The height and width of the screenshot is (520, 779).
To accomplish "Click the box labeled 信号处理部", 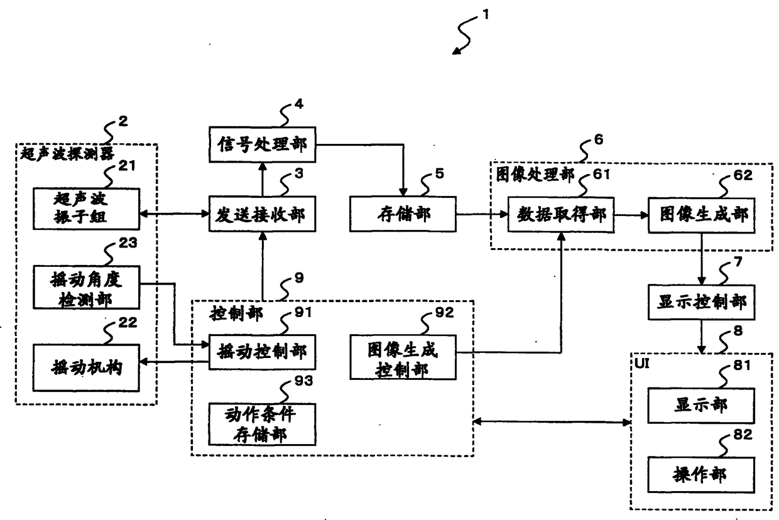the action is point(262,144).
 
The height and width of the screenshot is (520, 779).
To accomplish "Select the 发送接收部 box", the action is point(262,214).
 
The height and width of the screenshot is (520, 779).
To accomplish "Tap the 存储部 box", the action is point(403,214).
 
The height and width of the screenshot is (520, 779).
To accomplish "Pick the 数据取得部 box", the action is point(561,215).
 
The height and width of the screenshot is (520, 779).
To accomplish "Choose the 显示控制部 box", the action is point(702,302).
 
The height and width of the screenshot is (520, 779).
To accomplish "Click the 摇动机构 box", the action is point(86,368).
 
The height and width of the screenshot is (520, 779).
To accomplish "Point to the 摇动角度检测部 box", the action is point(86,288).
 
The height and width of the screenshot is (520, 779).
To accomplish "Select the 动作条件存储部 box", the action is point(262,424).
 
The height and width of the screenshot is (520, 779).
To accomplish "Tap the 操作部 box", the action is point(701,475).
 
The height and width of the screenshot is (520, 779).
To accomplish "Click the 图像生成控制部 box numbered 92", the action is point(403,357).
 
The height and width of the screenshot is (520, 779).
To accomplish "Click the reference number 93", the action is point(303,381).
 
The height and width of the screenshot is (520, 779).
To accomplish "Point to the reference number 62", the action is point(743,175).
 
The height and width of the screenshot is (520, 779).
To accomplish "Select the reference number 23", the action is point(128,242).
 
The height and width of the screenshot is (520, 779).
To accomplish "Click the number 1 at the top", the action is point(486,14).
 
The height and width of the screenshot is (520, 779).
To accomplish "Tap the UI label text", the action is point(641,363).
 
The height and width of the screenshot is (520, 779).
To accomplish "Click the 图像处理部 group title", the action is point(535,175).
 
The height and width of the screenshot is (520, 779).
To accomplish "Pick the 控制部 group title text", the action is point(236,313).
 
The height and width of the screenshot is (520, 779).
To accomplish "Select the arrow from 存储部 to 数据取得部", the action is point(482,214).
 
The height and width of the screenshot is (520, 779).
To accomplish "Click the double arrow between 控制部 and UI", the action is point(552,422).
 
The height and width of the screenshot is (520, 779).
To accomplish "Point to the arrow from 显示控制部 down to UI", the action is point(702,337).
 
